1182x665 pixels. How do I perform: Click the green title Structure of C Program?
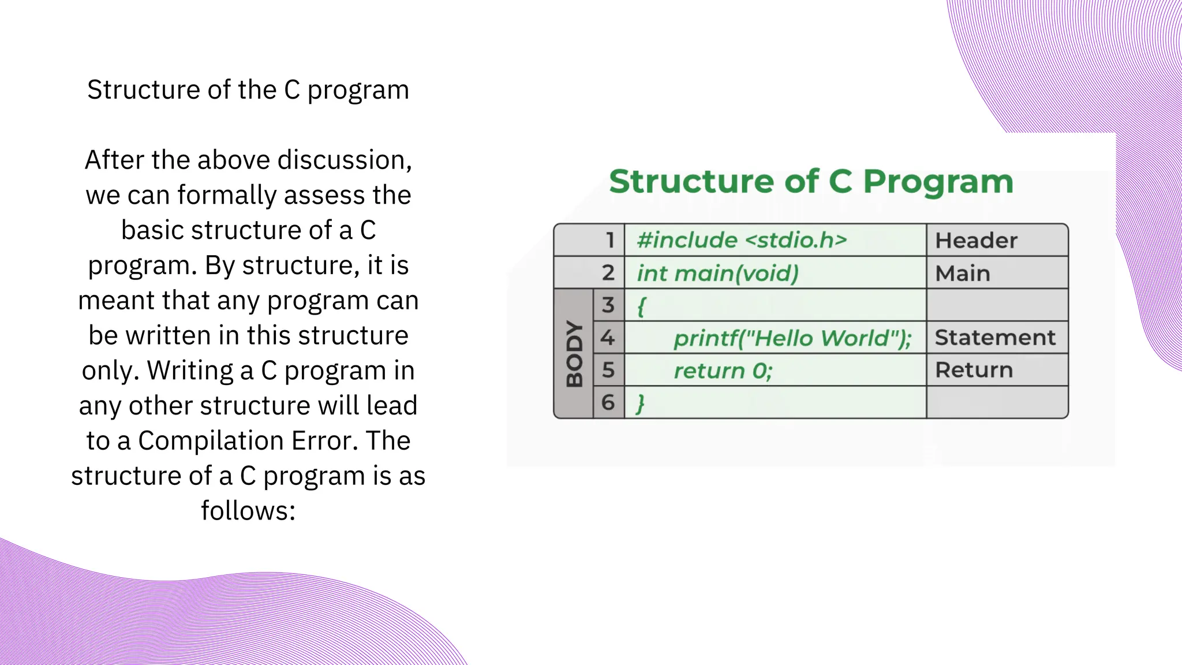click(x=811, y=182)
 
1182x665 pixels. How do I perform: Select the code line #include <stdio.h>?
click(x=742, y=240)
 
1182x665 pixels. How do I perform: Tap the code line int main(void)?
click(x=717, y=273)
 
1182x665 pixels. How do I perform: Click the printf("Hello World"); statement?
click(x=792, y=338)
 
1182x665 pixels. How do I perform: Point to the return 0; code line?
click(x=723, y=371)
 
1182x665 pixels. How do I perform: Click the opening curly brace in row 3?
click(x=641, y=305)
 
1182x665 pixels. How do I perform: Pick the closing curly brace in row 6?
click(x=640, y=403)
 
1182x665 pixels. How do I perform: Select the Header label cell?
click(x=976, y=241)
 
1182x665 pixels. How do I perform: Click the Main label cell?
click(x=962, y=274)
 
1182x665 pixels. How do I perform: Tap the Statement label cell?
click(x=995, y=338)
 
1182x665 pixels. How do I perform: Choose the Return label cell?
click(x=974, y=370)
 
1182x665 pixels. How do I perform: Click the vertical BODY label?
click(x=574, y=353)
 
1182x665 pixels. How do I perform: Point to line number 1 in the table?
click(x=609, y=240)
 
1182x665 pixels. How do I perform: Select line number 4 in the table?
click(x=608, y=338)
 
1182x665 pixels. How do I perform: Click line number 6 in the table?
click(x=608, y=402)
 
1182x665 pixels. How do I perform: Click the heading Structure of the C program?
click(x=248, y=90)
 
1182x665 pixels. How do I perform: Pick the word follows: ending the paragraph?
click(x=248, y=511)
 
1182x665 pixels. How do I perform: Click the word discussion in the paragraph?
click(x=344, y=160)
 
